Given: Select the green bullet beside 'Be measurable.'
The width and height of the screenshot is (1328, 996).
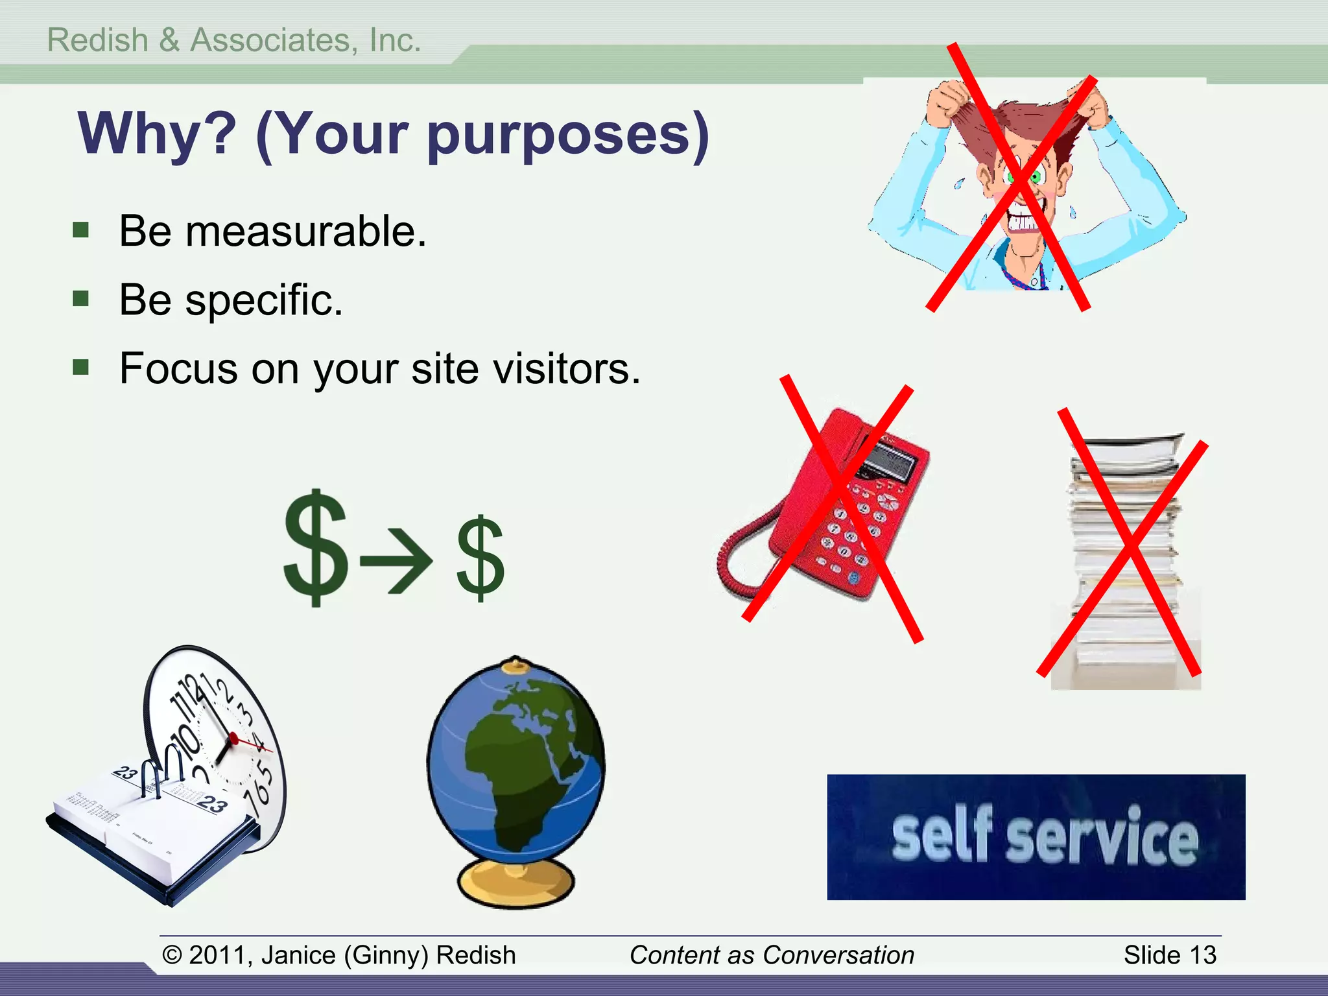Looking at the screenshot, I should [81, 230].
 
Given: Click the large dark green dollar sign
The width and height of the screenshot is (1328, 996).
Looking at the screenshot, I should [316, 548].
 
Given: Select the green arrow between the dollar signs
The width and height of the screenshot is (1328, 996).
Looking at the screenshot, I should [396, 560].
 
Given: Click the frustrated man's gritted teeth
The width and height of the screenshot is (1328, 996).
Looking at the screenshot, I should [1024, 224].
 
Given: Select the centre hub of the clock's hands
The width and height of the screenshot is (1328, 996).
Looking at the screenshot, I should [233, 738].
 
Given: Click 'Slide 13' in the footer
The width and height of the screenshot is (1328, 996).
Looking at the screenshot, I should [1170, 955].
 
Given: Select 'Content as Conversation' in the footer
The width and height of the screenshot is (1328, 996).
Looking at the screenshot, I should [772, 955].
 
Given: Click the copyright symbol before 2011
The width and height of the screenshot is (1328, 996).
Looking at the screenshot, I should [172, 955].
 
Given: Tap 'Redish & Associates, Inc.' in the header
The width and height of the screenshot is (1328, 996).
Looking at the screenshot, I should [234, 40].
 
